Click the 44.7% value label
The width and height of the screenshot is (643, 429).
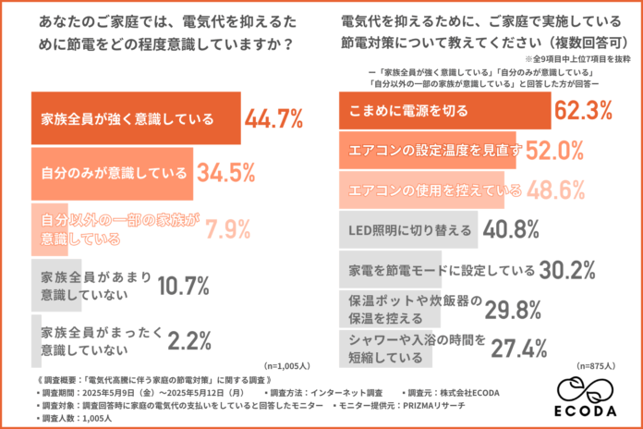274,118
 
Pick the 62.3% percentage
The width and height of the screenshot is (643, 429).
583,111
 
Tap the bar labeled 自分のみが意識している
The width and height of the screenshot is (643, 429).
112,172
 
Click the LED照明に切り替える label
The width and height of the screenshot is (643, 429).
410,230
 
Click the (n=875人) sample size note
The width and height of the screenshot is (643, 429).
598,365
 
